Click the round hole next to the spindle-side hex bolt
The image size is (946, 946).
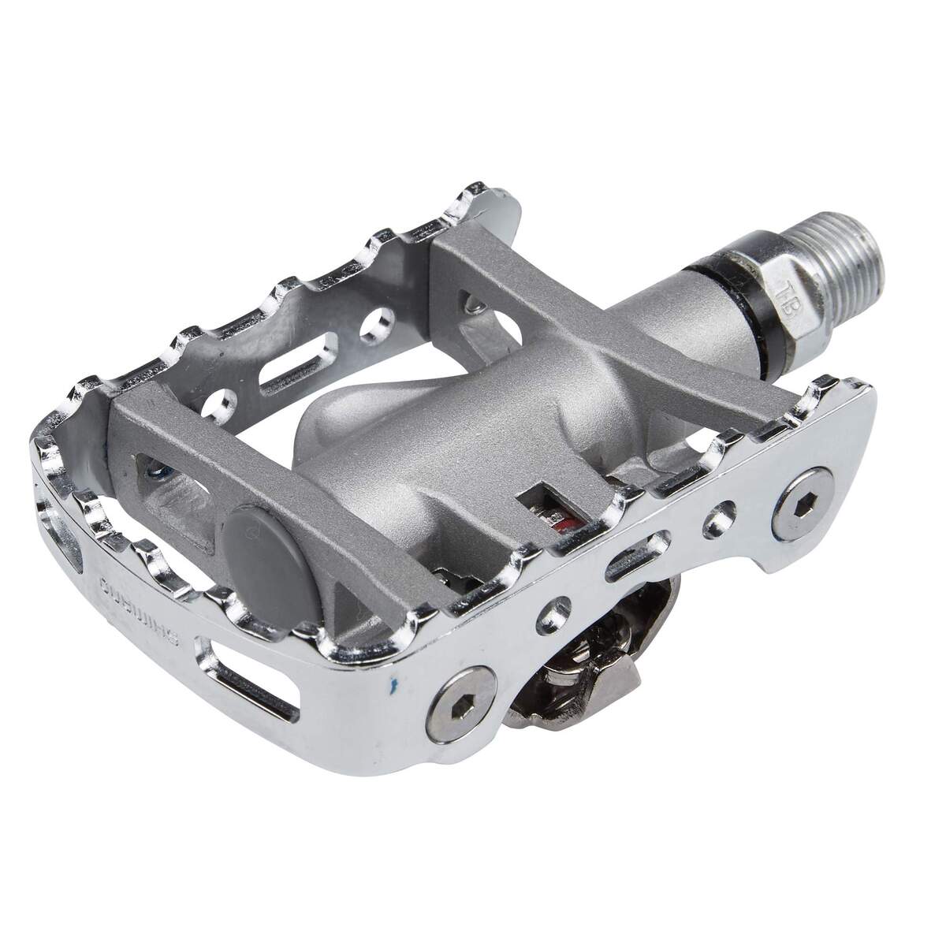(719, 517)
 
